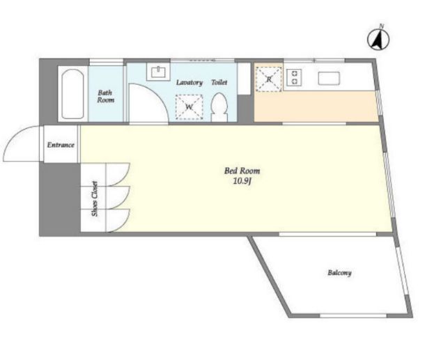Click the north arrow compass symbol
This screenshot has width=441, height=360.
pos(378,40)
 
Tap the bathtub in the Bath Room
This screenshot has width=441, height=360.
pos(72,94)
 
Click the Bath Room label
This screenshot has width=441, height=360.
pos(105,96)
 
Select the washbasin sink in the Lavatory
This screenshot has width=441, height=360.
pos(158,72)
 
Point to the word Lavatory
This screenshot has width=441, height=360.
pos(189,83)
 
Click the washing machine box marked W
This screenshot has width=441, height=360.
pos(189,107)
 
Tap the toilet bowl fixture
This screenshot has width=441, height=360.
pos(219,107)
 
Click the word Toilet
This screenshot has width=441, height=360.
pos(219,82)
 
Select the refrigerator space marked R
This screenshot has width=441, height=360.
pos(269,79)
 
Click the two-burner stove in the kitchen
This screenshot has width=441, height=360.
pos(294,77)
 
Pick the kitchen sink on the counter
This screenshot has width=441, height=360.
pos(329,79)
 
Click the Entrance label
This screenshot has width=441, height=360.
pos(61,145)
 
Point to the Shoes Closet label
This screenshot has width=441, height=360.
pos(95,198)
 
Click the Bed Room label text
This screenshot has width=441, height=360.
pos(242,171)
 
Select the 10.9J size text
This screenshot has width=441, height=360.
pos(242,181)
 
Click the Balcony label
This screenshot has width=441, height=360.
pos(339,272)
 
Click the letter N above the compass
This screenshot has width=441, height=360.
pos(382,26)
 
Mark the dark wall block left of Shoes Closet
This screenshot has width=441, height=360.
pos(60,199)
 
